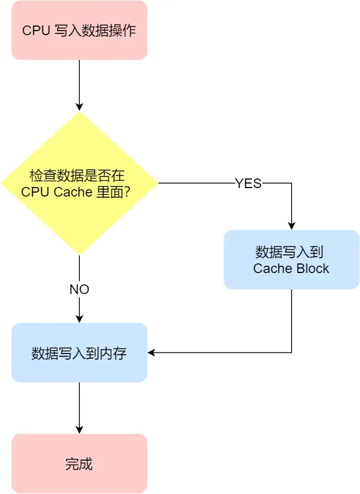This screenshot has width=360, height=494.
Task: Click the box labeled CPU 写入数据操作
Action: [79, 30]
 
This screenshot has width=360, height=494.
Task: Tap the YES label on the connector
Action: [248, 183]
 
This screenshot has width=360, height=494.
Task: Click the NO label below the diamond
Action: [79, 289]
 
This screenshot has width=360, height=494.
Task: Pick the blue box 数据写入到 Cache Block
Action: [292, 259]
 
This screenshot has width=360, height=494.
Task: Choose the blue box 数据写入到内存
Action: [79, 352]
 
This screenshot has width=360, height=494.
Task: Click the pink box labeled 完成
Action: [79, 463]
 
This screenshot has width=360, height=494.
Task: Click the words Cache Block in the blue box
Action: [292, 269]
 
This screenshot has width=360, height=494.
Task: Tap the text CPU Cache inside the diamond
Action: [57, 192]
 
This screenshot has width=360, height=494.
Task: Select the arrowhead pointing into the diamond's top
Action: [79, 107]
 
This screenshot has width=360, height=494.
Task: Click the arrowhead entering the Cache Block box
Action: [292, 225]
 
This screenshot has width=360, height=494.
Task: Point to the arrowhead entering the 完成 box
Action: [79, 430]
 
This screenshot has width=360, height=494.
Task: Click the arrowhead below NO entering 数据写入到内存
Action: [79, 319]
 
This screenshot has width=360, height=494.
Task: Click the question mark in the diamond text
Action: [127, 192]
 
